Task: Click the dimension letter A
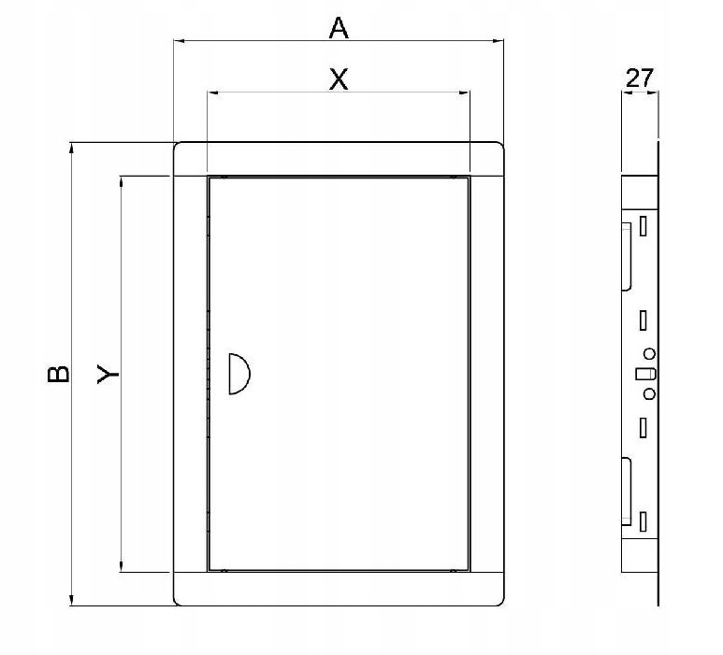[x=339, y=29]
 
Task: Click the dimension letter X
[x=339, y=80]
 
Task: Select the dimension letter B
[x=58, y=374]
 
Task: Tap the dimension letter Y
[x=109, y=374]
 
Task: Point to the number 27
[x=640, y=78]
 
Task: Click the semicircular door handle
[x=238, y=374]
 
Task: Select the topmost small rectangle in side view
[x=643, y=225]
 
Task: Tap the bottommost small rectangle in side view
[x=643, y=520]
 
